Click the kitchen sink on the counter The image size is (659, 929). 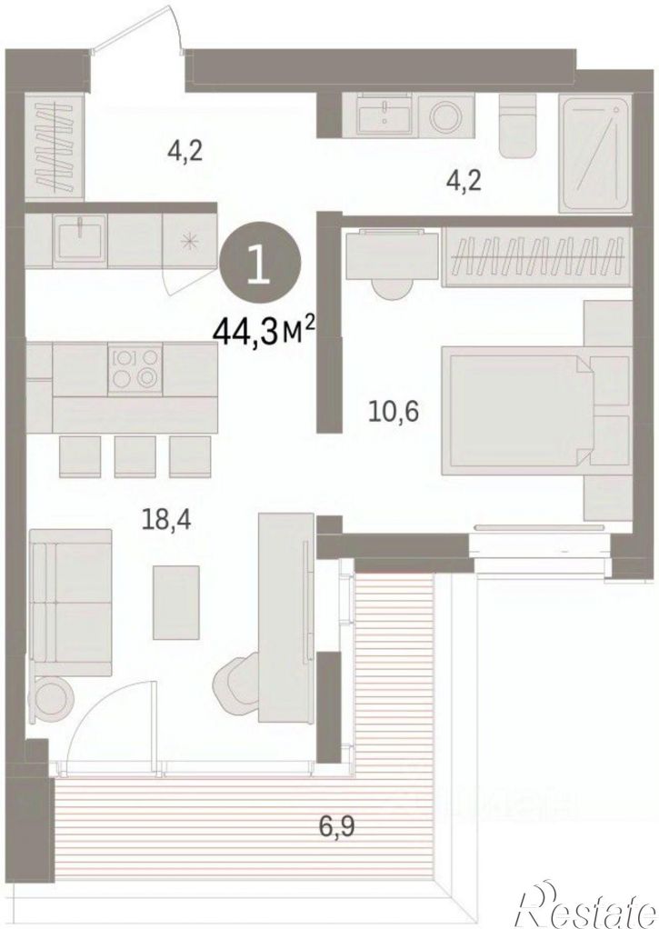(81, 240)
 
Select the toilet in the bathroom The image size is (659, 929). (517, 125)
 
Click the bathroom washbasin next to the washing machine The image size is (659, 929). (385, 115)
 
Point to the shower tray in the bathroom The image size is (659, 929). (594, 155)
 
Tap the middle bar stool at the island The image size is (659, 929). (135, 456)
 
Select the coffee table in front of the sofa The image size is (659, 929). (176, 602)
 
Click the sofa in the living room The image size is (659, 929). (70, 602)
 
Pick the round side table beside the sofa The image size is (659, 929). (55, 699)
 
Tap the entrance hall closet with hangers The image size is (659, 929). (55, 147)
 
